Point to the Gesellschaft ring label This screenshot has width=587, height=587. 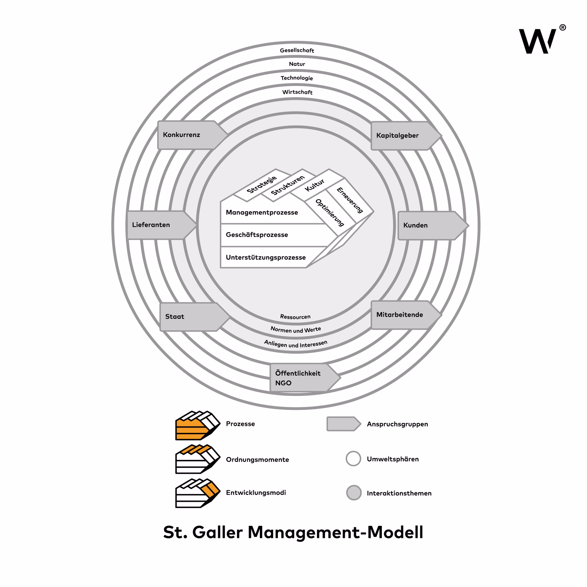[297, 50]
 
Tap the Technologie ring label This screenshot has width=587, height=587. [297, 78]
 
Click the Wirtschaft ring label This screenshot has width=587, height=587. [297, 92]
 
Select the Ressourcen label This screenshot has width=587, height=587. [295, 317]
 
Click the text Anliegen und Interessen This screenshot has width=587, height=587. [296, 344]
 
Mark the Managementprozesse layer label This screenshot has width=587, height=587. [262, 212]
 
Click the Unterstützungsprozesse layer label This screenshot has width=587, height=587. [266, 257]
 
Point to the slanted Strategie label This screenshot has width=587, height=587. [261, 184]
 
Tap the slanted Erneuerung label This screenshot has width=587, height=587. [350, 200]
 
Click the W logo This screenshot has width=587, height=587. [537, 41]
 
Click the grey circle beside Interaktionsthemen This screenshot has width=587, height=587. [354, 493]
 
